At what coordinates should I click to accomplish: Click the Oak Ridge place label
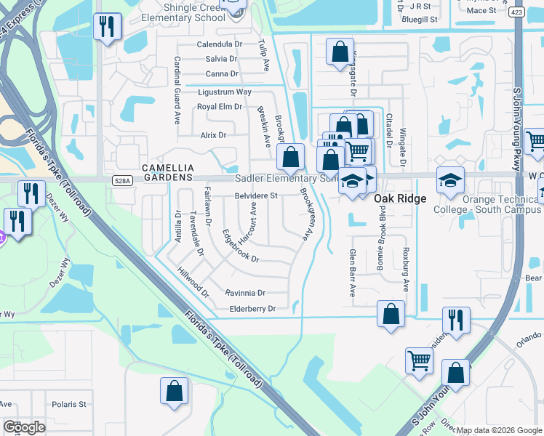[400, 198]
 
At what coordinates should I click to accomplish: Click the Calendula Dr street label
[219, 44]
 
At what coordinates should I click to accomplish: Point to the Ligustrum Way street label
[225, 92]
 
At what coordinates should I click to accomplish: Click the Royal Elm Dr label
[220, 107]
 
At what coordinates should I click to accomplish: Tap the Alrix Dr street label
[213, 135]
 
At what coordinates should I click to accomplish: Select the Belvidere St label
[256, 195]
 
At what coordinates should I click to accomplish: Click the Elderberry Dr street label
[251, 309]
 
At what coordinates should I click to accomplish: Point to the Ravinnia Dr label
[246, 293]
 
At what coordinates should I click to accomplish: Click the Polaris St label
[68, 404]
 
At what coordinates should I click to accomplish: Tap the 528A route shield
[122, 179]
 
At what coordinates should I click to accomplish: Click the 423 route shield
[516, 12]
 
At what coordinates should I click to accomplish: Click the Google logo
[24, 427]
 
